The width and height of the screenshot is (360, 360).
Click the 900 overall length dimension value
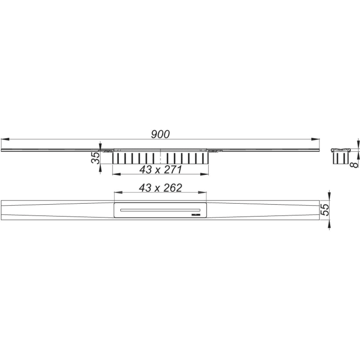160,134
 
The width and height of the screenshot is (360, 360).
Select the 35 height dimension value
96,158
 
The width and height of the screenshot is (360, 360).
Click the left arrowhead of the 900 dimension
5,139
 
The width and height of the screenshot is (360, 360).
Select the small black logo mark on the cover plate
198,212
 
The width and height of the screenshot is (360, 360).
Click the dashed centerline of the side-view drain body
161,156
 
